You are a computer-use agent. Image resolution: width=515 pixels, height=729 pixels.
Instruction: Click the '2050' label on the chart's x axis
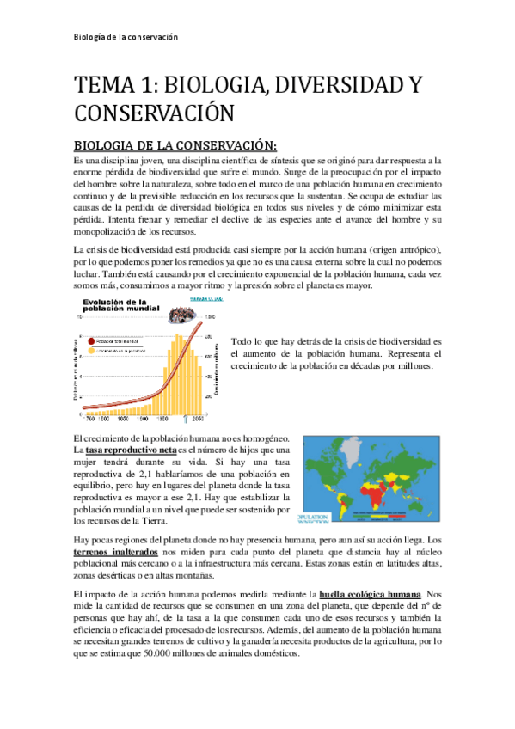pos(199,419)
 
